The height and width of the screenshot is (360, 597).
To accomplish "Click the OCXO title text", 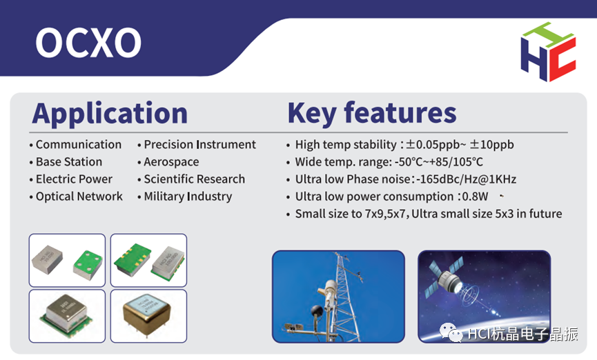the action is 88,42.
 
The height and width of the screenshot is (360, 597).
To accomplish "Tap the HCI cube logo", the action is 548,52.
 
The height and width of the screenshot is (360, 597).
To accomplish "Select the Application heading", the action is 110,113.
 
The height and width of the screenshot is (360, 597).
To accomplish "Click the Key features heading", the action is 372,113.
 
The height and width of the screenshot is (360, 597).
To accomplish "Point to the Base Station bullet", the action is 69,162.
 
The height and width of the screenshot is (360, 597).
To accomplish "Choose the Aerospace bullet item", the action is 171,162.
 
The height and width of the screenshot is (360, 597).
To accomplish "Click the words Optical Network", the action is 79,197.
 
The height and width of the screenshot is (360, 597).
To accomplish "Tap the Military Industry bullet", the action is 188,197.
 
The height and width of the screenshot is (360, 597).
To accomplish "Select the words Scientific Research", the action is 194,179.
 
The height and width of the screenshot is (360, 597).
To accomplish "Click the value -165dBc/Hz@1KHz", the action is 466,179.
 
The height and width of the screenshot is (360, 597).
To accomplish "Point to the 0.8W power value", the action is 475,197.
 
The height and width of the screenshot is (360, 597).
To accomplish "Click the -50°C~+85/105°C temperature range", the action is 439,162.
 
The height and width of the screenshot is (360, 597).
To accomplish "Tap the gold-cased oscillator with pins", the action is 147,314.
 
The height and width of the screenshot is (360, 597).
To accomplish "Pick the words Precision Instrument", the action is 200,145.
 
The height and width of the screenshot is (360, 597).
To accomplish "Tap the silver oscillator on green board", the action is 66,314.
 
